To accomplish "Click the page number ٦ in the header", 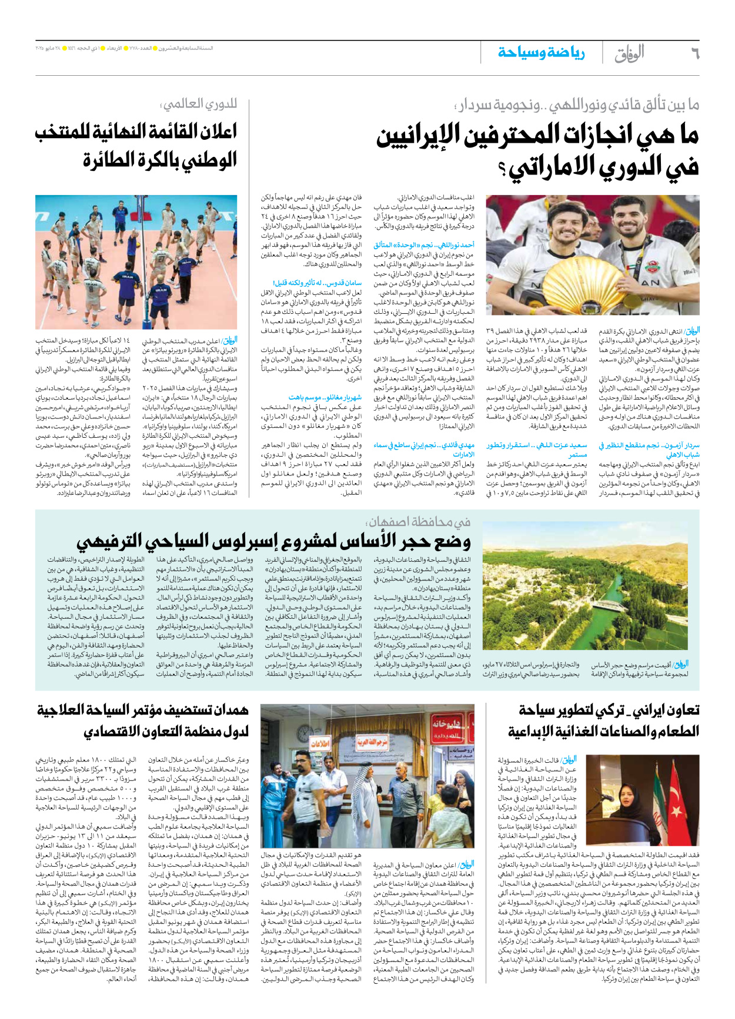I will (694, 54).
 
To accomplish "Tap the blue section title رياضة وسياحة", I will (541, 53).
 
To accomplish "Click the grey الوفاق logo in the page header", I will (629, 54).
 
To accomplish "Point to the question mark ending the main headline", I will (502, 170).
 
